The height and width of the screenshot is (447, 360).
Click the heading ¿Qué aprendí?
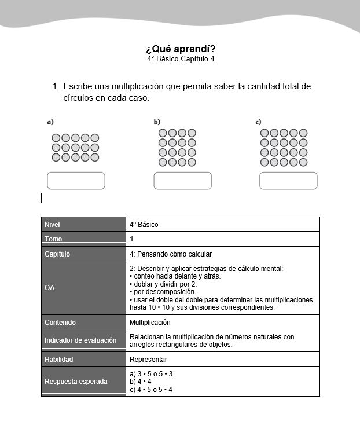click(x=180, y=49)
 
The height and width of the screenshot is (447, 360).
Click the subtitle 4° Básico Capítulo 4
click(x=180, y=59)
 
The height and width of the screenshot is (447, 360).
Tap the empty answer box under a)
click(x=76, y=181)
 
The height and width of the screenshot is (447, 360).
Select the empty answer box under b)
click(x=182, y=181)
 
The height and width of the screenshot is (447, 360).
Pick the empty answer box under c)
click(x=288, y=181)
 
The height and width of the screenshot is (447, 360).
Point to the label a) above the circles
click(x=50, y=122)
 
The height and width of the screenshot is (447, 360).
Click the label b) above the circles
click(x=157, y=122)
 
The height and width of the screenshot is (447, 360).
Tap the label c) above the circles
click(x=258, y=122)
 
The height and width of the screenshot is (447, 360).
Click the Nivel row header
click(x=52, y=224)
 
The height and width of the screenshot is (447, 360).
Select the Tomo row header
click(x=53, y=239)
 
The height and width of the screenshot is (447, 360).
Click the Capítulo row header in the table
click(x=57, y=254)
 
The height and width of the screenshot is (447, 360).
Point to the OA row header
click(x=50, y=288)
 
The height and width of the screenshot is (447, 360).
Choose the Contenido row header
click(x=60, y=322)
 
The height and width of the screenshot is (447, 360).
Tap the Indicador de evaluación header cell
click(x=80, y=340)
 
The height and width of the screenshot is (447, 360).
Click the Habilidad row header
click(x=59, y=359)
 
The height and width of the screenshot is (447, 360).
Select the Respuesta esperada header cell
click(x=76, y=382)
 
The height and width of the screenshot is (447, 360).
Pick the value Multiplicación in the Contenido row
click(x=150, y=322)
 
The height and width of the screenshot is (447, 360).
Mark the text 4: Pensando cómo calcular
click(x=171, y=254)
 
